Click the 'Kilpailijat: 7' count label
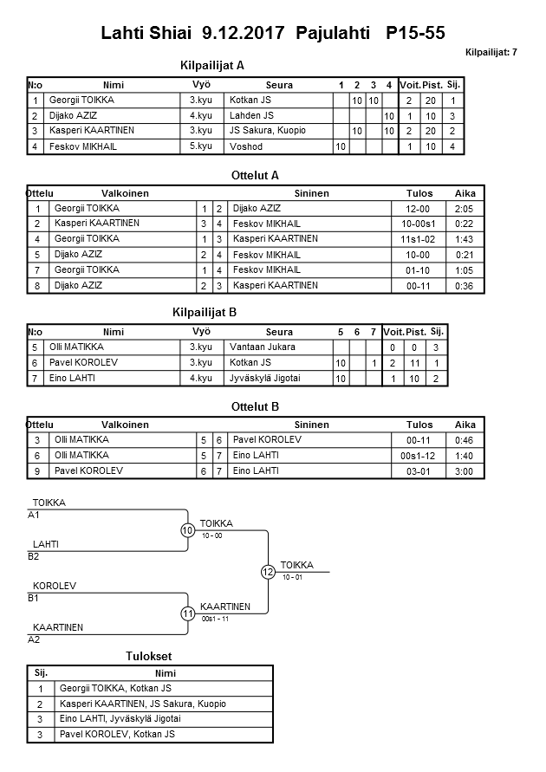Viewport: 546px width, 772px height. click(491, 52)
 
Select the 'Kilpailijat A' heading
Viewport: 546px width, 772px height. click(212, 65)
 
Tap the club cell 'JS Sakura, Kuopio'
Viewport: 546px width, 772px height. click(268, 131)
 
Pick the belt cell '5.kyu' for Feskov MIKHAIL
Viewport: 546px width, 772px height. click(201, 146)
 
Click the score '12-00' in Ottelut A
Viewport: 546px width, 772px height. click(419, 209)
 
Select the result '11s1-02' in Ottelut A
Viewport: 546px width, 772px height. click(419, 239)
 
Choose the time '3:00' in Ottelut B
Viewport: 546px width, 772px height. click(465, 470)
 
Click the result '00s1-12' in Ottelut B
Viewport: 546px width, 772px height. click(419, 455)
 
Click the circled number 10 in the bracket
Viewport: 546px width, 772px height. click(188, 531)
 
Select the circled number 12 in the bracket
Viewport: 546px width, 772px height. click(268, 572)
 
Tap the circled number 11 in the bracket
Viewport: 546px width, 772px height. click(188, 613)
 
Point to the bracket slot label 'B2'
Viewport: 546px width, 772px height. click(35, 556)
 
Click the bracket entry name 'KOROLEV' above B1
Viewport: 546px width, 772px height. click(54, 586)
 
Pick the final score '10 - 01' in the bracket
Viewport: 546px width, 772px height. click(292, 577)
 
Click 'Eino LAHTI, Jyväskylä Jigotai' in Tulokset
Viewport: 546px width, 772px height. click(120, 719)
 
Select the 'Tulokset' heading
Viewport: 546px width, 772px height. click(151, 656)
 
